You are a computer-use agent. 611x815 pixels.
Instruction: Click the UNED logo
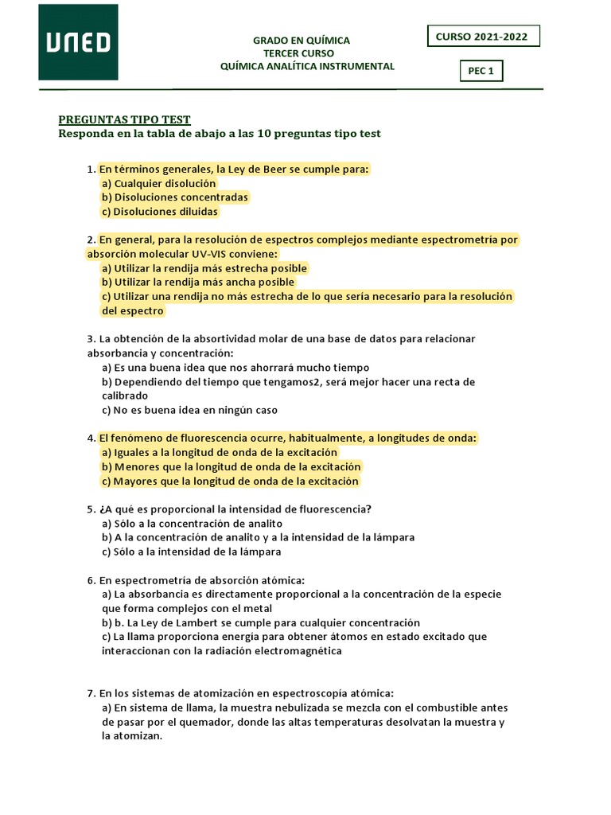click(78, 42)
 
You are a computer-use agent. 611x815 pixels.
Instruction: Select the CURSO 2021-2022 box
click(483, 37)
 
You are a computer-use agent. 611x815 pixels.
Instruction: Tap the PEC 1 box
click(481, 71)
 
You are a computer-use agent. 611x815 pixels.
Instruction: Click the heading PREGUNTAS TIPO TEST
click(125, 119)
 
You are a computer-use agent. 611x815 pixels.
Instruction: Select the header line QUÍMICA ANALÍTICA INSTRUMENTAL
click(307, 66)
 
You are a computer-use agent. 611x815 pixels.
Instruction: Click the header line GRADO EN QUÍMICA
click(301, 41)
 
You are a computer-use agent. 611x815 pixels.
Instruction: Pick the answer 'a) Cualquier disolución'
click(159, 183)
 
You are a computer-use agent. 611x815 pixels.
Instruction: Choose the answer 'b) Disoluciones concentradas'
click(175, 197)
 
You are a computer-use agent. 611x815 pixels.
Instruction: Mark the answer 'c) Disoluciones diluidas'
click(160, 212)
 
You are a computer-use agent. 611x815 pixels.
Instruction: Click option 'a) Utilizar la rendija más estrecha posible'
click(204, 268)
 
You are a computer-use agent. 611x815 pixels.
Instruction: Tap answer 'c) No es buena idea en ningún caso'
click(190, 411)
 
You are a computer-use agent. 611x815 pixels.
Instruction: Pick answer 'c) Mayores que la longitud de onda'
click(231, 482)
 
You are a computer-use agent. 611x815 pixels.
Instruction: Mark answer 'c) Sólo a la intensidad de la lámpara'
click(192, 552)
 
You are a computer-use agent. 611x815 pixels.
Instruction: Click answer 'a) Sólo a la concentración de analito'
click(193, 524)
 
